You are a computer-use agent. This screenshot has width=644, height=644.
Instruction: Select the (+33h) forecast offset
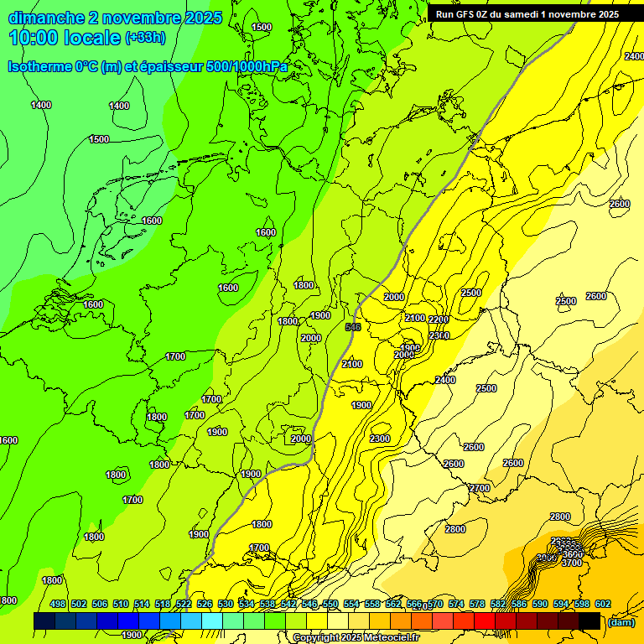(145, 38)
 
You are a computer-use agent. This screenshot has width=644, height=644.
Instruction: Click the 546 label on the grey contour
(353, 327)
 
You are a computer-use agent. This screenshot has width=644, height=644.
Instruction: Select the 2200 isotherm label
(439, 319)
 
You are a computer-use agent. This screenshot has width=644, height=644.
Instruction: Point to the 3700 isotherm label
(571, 563)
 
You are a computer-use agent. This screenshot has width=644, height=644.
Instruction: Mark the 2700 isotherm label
(480, 488)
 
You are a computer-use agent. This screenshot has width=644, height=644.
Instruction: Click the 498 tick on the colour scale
(58, 605)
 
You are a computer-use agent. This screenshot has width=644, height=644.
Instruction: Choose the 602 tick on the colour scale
(603, 605)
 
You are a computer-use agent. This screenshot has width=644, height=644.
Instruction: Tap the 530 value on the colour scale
(226, 605)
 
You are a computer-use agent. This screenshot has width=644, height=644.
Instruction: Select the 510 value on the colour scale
(121, 605)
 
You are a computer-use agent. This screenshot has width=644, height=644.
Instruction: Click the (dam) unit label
(621, 622)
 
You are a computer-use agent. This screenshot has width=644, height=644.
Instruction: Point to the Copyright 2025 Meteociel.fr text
(356, 638)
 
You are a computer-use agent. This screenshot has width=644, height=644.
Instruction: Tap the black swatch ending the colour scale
(589, 621)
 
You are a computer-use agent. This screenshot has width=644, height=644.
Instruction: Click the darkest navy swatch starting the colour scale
(44, 621)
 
